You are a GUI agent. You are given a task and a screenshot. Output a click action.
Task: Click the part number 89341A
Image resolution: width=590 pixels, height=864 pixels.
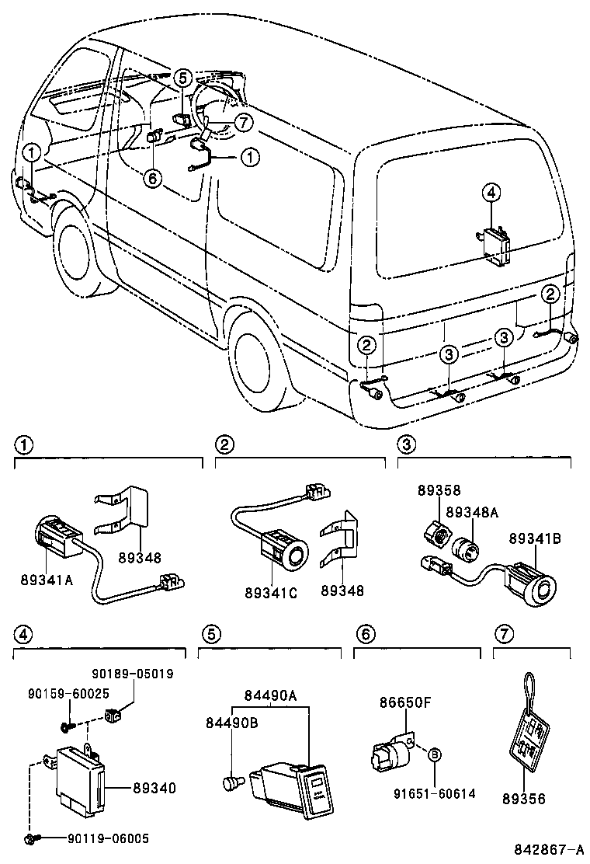click(47, 579)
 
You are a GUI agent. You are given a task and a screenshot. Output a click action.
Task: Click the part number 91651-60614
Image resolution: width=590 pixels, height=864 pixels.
click(435, 793)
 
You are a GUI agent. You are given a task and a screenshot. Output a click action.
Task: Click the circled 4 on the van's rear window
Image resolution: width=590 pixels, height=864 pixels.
click(490, 191)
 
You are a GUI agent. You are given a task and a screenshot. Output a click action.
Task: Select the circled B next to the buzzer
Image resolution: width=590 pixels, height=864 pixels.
click(435, 754)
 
